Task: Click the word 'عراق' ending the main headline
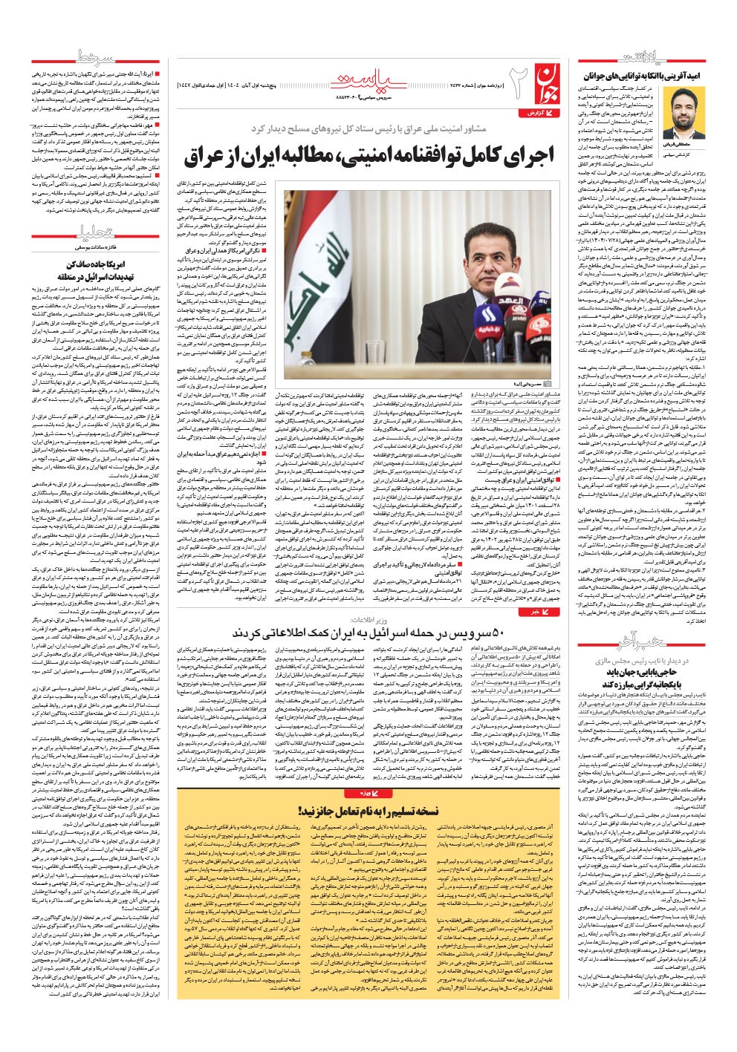point(204,157)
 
